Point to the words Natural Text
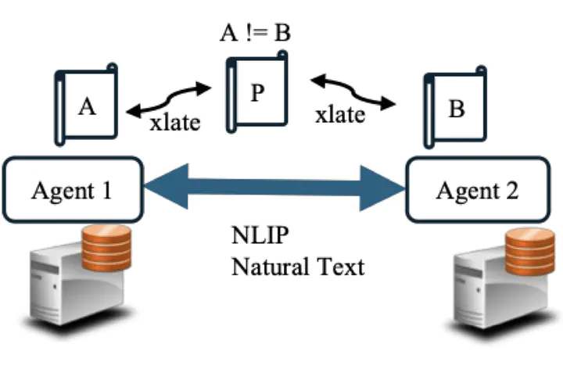(x=297, y=267)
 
